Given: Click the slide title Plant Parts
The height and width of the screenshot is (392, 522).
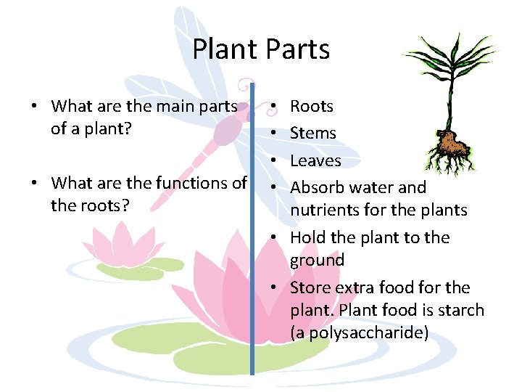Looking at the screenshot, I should [261, 49].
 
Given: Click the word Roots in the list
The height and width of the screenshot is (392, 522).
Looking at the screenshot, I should [312, 107].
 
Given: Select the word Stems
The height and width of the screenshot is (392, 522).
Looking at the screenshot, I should [313, 134].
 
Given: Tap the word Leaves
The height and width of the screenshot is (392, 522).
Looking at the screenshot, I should [315, 160].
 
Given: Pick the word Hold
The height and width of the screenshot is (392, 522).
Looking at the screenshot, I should [306, 238].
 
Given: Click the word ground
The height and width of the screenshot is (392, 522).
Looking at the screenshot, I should [317, 261].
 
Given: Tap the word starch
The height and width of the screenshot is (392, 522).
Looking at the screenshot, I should [460, 310].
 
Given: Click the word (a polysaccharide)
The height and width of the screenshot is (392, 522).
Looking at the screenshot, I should [359, 333].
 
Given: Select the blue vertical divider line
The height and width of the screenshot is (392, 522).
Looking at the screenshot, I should [252, 232].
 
